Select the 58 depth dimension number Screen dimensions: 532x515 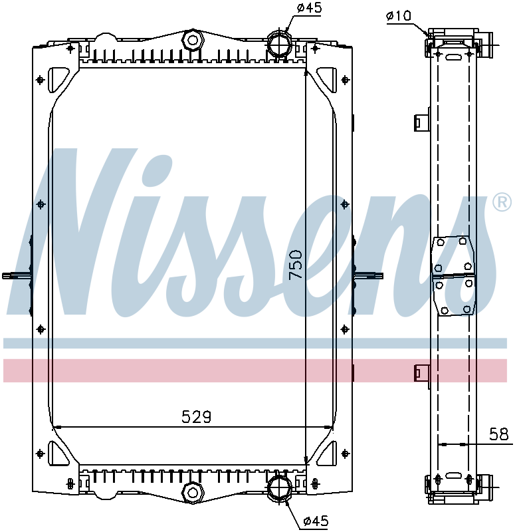pos(498,435)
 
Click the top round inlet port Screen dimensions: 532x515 pos(280,45)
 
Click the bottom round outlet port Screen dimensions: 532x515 pos(278,489)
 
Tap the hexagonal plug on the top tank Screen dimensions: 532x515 pos(193,41)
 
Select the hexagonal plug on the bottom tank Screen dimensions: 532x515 pos(193,493)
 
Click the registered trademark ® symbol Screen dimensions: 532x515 pos(501,202)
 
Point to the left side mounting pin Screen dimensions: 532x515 pos(17,275)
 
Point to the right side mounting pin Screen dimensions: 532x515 pos(369,275)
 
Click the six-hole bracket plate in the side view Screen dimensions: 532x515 pos(454,275)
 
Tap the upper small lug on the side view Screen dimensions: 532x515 pos(420,122)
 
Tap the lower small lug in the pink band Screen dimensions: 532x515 pos(420,373)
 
